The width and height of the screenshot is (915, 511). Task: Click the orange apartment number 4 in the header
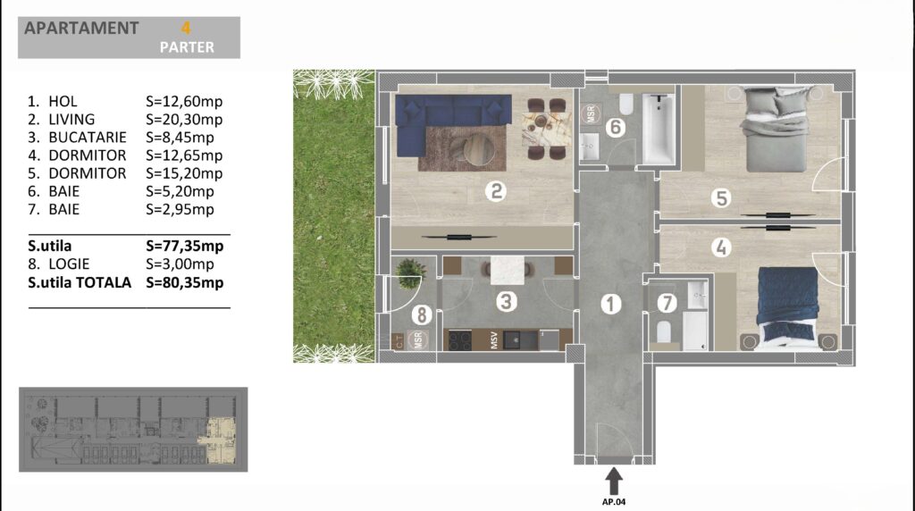pos(186,28)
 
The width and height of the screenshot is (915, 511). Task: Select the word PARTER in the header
pos(187,47)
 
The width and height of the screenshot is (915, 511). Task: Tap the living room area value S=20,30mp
pos(184,120)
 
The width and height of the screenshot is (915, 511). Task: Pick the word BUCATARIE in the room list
pos(88,137)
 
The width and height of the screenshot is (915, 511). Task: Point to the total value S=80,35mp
pos(184,282)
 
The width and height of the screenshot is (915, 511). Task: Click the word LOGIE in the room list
pos(69,264)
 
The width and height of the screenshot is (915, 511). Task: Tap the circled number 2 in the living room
pos(495,191)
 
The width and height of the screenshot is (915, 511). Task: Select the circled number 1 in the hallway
pos(611,304)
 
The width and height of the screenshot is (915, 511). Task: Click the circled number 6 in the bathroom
pos(615,127)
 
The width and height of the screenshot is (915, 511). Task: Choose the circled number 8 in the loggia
pos(422,315)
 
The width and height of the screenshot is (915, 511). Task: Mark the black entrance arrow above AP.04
pos(613,481)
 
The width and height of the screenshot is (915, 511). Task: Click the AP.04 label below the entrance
pos(613,502)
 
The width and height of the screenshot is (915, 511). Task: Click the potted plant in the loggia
pos(410,274)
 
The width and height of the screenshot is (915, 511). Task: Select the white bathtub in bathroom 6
pos(659,130)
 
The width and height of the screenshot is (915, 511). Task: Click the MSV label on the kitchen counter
pos(494,340)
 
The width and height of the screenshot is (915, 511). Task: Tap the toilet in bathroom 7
pos(664,331)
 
